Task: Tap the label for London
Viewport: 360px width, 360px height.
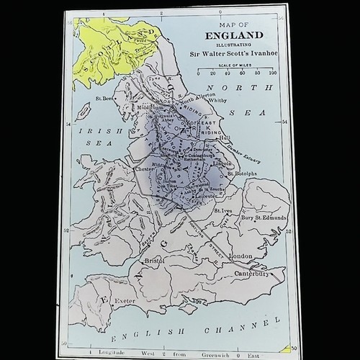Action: click(x=239, y=257)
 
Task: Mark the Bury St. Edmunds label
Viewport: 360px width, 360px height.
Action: click(x=264, y=217)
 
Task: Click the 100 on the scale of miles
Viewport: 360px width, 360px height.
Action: click(x=272, y=73)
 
